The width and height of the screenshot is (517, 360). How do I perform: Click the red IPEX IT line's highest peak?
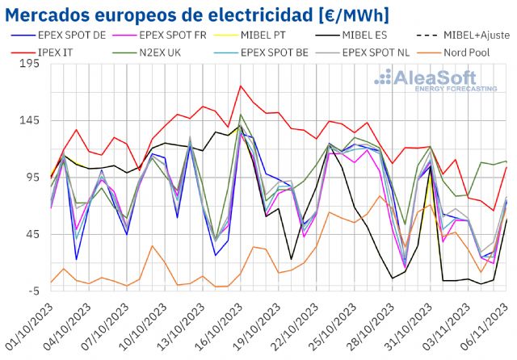pyautogui.click(x=241, y=86)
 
